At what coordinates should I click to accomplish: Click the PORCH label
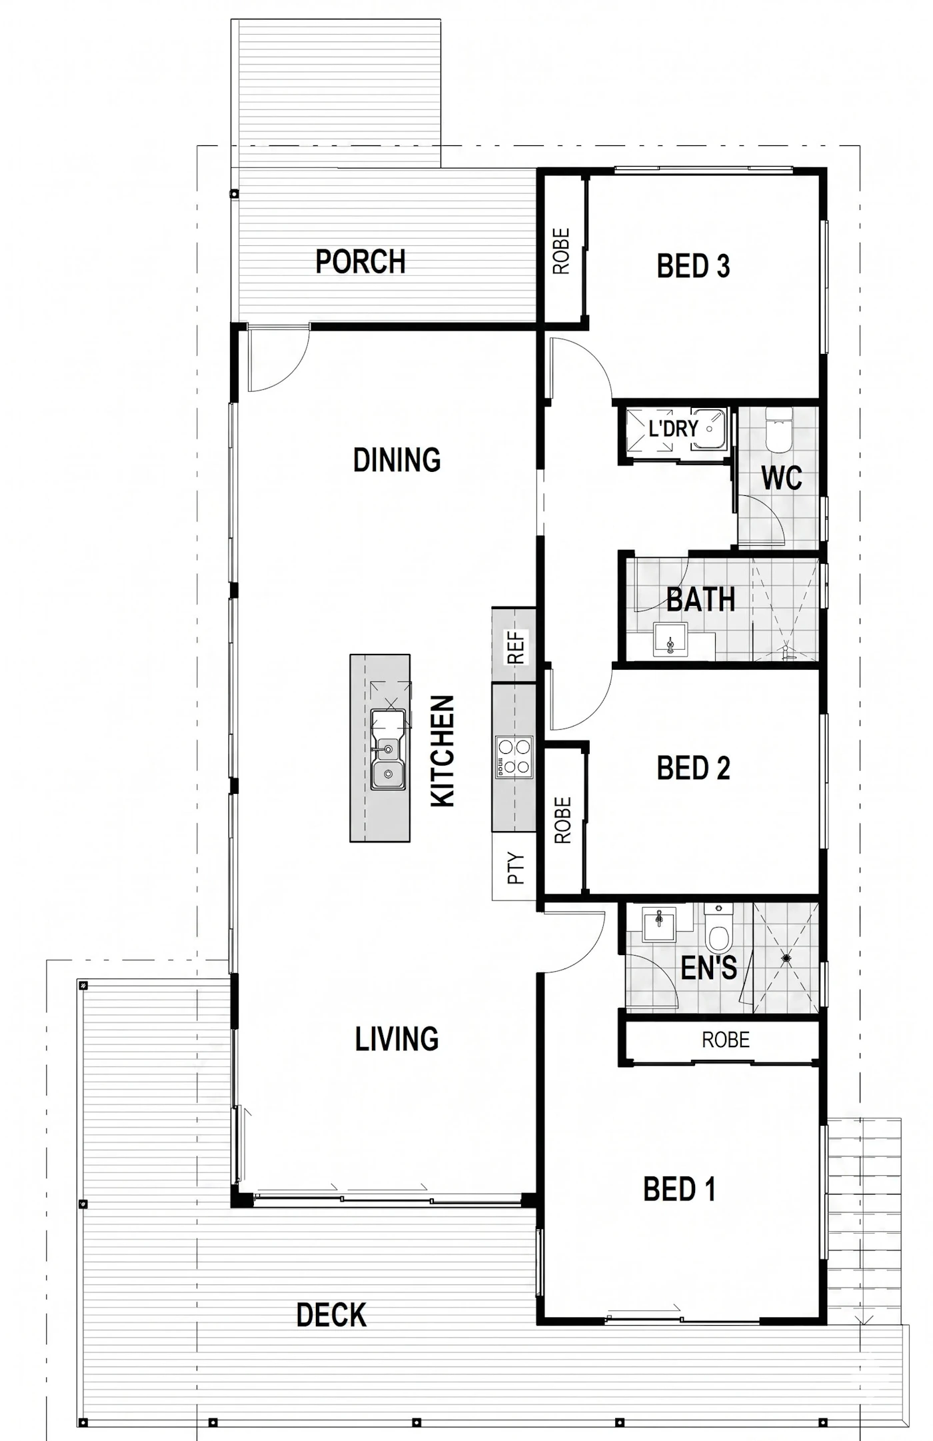point(361,261)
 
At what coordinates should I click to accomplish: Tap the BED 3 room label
point(693,266)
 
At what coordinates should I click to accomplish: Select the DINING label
point(397,460)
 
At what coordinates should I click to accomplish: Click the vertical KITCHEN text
point(443,751)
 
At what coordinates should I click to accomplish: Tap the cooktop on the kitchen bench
point(514,757)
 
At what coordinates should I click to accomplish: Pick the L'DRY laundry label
point(673,429)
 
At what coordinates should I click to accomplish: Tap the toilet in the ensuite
point(718,928)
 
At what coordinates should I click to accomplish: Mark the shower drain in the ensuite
point(786,958)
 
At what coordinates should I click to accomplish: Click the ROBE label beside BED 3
point(562,251)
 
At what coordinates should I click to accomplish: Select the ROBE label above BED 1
point(725,1040)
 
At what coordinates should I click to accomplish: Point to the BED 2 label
point(693,768)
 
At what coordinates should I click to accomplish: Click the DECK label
point(331,1315)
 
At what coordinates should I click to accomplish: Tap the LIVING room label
point(397,1039)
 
